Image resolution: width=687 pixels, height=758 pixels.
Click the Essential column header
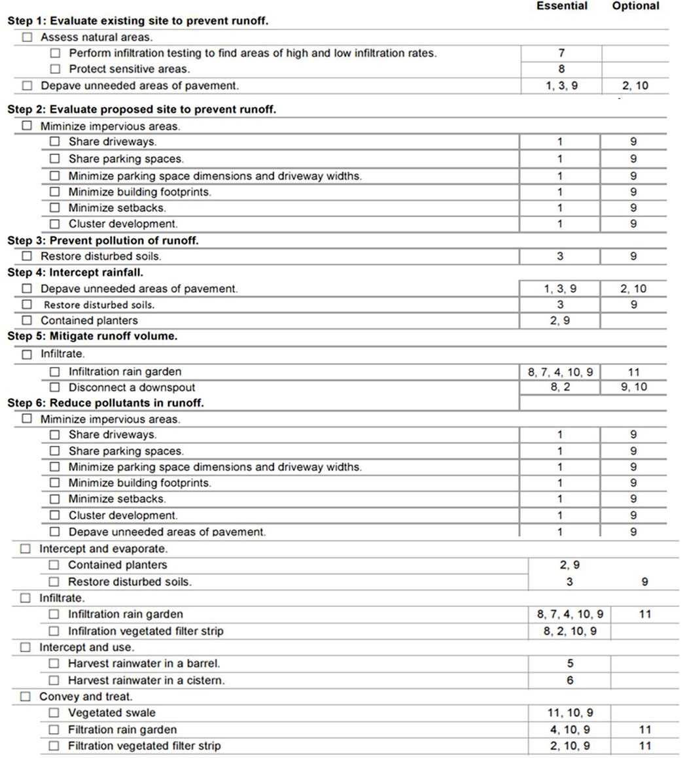(561, 6)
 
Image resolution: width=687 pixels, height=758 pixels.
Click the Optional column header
(635, 6)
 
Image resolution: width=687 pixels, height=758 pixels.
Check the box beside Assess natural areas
(27, 37)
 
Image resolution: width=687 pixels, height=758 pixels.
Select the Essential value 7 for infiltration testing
(561, 53)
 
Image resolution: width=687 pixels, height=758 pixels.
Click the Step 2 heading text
(141, 109)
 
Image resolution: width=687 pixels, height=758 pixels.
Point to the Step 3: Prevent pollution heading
(103, 240)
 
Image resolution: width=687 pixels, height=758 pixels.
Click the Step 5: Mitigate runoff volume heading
(92, 336)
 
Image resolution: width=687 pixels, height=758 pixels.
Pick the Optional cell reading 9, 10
(633, 387)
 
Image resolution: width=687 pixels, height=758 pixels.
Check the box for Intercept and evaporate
(26, 549)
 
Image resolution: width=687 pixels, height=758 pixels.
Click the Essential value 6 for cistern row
(570, 680)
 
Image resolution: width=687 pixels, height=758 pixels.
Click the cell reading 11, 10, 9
(570, 713)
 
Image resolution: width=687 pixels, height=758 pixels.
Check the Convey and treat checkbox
(26, 697)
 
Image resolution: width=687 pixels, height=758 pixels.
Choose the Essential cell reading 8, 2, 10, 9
(570, 631)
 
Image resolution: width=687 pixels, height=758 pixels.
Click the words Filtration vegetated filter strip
(144, 746)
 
